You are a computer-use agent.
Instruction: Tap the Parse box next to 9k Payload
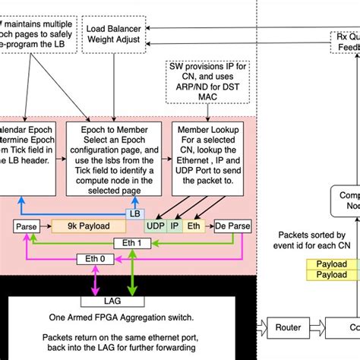coord(27,226)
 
